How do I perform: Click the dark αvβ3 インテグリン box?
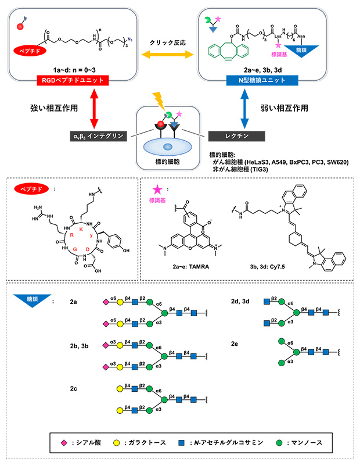93,135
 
